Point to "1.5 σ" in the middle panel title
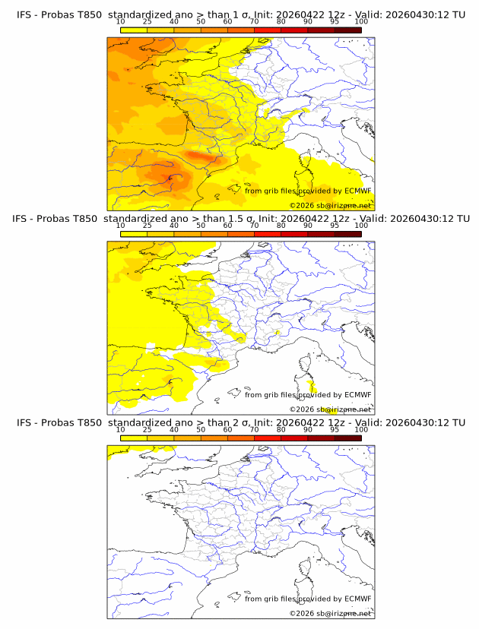coord(241,219)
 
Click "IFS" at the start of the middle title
coord(20,219)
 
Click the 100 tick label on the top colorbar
coord(361,22)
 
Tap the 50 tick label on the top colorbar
coord(201,22)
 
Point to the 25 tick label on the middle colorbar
coord(148,226)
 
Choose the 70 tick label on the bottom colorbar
coord(254,430)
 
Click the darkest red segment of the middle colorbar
coord(348,234)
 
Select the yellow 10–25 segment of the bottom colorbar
coord(134,438)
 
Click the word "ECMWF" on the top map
coord(358,191)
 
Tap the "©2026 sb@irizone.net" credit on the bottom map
coord(330,613)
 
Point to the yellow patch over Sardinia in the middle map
coord(312,387)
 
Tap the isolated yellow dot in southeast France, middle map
coord(277,333)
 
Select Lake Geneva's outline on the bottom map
coord(275,519)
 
